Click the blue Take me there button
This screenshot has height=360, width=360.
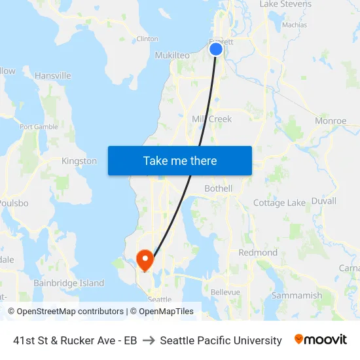point(180,161)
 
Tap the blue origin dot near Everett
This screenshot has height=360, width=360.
point(216,48)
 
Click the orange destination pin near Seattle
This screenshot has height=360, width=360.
point(145,259)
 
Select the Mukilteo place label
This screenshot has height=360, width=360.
point(172,56)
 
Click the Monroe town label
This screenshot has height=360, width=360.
point(331,121)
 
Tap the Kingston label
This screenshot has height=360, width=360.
point(79,161)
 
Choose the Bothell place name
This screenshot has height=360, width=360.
point(218,189)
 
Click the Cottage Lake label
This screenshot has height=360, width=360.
point(279,203)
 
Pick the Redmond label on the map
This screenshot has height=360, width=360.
point(258,253)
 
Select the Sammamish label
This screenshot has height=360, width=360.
point(297,295)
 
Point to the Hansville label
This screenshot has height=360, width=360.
point(53,76)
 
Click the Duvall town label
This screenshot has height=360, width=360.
point(324,201)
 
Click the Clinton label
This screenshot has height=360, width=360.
point(147,39)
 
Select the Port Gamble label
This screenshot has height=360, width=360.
point(39,127)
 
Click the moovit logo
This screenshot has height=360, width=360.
point(321,340)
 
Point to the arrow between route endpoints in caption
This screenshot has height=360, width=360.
point(149,340)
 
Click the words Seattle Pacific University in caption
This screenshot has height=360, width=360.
point(221,340)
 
